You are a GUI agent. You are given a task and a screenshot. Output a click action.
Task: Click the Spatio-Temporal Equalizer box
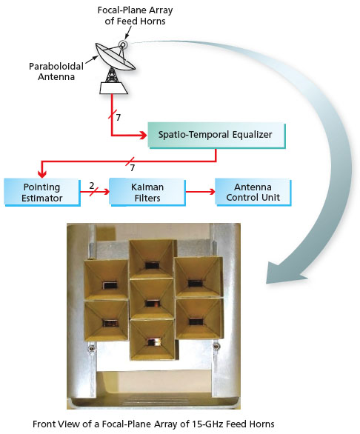coord(217,136)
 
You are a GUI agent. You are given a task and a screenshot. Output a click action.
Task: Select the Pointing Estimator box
coord(42,193)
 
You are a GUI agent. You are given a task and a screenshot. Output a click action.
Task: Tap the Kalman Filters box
coord(147,193)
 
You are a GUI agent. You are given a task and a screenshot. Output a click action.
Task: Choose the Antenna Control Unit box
coord(253,193)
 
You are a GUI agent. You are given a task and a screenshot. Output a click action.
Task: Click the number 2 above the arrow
coord(92,186)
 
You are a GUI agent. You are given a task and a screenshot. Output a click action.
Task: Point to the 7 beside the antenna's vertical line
coord(119,118)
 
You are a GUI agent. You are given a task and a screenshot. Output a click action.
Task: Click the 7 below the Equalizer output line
coord(133,167)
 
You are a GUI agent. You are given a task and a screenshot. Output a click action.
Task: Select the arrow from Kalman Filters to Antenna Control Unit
coord(200,192)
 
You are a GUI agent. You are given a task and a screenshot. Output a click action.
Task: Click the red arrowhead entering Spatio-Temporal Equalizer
coord(143,136)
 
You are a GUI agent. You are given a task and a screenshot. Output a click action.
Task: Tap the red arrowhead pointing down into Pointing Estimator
coord(42,174)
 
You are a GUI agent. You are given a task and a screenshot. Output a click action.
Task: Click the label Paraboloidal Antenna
coord(56,71)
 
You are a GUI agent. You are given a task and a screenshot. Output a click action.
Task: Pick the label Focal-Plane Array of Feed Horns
coord(135,16)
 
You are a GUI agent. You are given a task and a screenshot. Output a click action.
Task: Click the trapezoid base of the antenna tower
coord(113,88)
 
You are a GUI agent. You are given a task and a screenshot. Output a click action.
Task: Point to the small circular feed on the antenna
coord(123,44)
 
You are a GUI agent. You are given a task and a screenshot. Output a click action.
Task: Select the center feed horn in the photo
coord(152,299)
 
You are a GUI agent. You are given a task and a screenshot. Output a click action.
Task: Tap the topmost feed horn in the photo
coord(152,259)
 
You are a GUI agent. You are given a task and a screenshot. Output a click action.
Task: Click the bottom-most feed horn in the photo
coord(153,340)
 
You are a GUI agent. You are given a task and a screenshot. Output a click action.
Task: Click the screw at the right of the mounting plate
coord(216,346)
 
